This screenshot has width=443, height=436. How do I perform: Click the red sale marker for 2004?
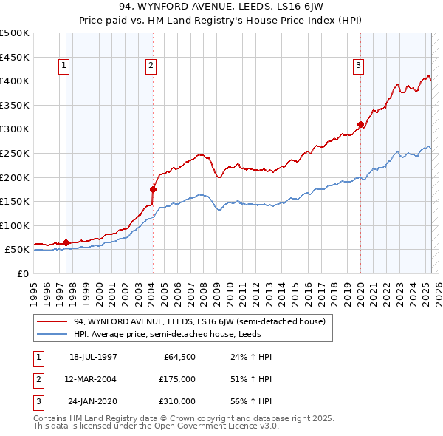point(153,189)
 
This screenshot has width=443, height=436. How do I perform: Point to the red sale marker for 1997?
point(66,242)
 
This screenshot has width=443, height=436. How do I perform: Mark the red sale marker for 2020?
point(360,124)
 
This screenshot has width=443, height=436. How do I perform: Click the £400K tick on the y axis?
point(15,81)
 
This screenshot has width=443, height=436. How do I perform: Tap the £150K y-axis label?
point(15,201)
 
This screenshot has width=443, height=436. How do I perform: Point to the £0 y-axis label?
point(22,273)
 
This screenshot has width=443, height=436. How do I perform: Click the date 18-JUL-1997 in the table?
point(93,357)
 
